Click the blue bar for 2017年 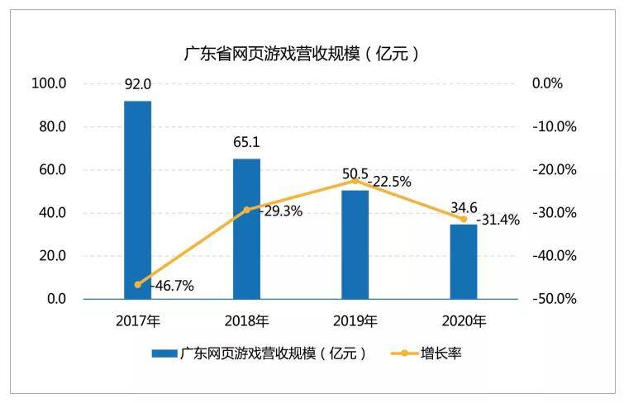point(138,200)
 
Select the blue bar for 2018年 point(247,229)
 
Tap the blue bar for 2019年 point(355,244)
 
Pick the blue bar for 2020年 point(464,262)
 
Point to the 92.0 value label point(138,84)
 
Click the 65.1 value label point(246,142)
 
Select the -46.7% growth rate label point(172,286)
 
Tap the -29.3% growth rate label point(280,211)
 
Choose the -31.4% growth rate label point(498,220)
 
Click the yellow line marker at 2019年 point(355,181)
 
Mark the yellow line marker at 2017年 point(138,284)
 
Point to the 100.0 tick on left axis point(49,83)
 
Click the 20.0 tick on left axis point(53,256)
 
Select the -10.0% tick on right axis point(555,127)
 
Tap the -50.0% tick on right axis point(555,299)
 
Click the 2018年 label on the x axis point(247,321)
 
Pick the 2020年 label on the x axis point(464,321)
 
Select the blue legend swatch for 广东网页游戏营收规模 point(164,353)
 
